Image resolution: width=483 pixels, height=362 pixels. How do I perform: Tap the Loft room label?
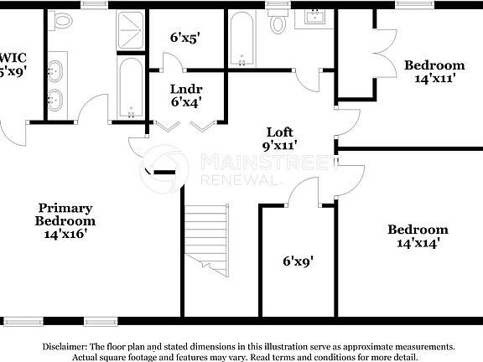(x=280, y=132)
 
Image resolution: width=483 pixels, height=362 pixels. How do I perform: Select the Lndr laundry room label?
(x=185, y=89)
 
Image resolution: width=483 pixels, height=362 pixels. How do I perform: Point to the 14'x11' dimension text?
(x=434, y=79)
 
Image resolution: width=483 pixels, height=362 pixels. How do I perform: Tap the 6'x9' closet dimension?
(x=298, y=261)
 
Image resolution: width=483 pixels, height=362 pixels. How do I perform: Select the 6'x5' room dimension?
(x=185, y=38)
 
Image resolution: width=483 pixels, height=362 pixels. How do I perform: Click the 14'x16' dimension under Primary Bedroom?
(x=65, y=235)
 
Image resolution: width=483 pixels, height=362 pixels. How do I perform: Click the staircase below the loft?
(x=205, y=244)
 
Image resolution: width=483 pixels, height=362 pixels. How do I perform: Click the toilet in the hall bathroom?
(x=278, y=23)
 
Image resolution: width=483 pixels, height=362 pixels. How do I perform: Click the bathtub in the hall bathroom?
(x=242, y=39)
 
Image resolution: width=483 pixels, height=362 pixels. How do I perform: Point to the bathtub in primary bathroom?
(x=130, y=88)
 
